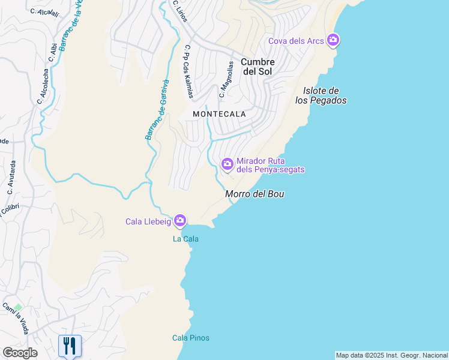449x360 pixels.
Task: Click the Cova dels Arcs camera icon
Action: click(x=333, y=41)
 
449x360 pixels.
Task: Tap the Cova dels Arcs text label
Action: click(x=296, y=41)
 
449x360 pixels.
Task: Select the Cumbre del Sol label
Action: click(x=258, y=67)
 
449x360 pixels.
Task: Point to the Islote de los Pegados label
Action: click(x=321, y=96)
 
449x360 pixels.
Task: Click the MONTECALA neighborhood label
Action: click(x=219, y=113)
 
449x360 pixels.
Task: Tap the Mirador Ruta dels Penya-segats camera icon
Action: click(x=228, y=164)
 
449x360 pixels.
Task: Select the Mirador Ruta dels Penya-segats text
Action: click(x=270, y=166)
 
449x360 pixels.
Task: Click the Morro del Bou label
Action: click(x=254, y=194)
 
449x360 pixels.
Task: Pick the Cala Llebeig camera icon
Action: click(x=180, y=221)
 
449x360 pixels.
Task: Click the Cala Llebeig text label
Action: click(x=148, y=222)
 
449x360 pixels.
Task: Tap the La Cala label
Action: click(x=185, y=239)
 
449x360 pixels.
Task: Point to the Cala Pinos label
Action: click(x=191, y=338)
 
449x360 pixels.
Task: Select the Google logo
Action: click(x=20, y=353)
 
